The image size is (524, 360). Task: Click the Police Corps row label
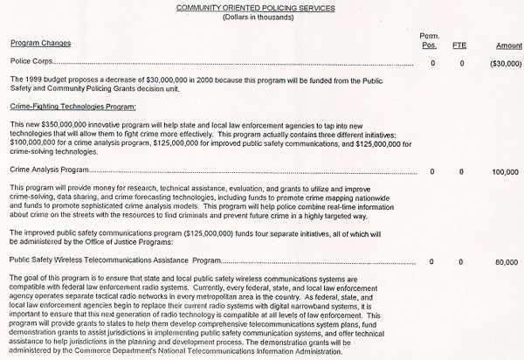31,64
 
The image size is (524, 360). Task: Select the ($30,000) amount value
502,64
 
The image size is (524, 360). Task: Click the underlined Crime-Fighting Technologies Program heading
72,106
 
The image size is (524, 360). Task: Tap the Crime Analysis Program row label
48,171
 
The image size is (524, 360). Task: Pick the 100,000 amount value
504,172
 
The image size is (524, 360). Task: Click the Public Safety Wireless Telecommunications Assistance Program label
112,260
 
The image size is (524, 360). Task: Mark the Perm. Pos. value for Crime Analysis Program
433,172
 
